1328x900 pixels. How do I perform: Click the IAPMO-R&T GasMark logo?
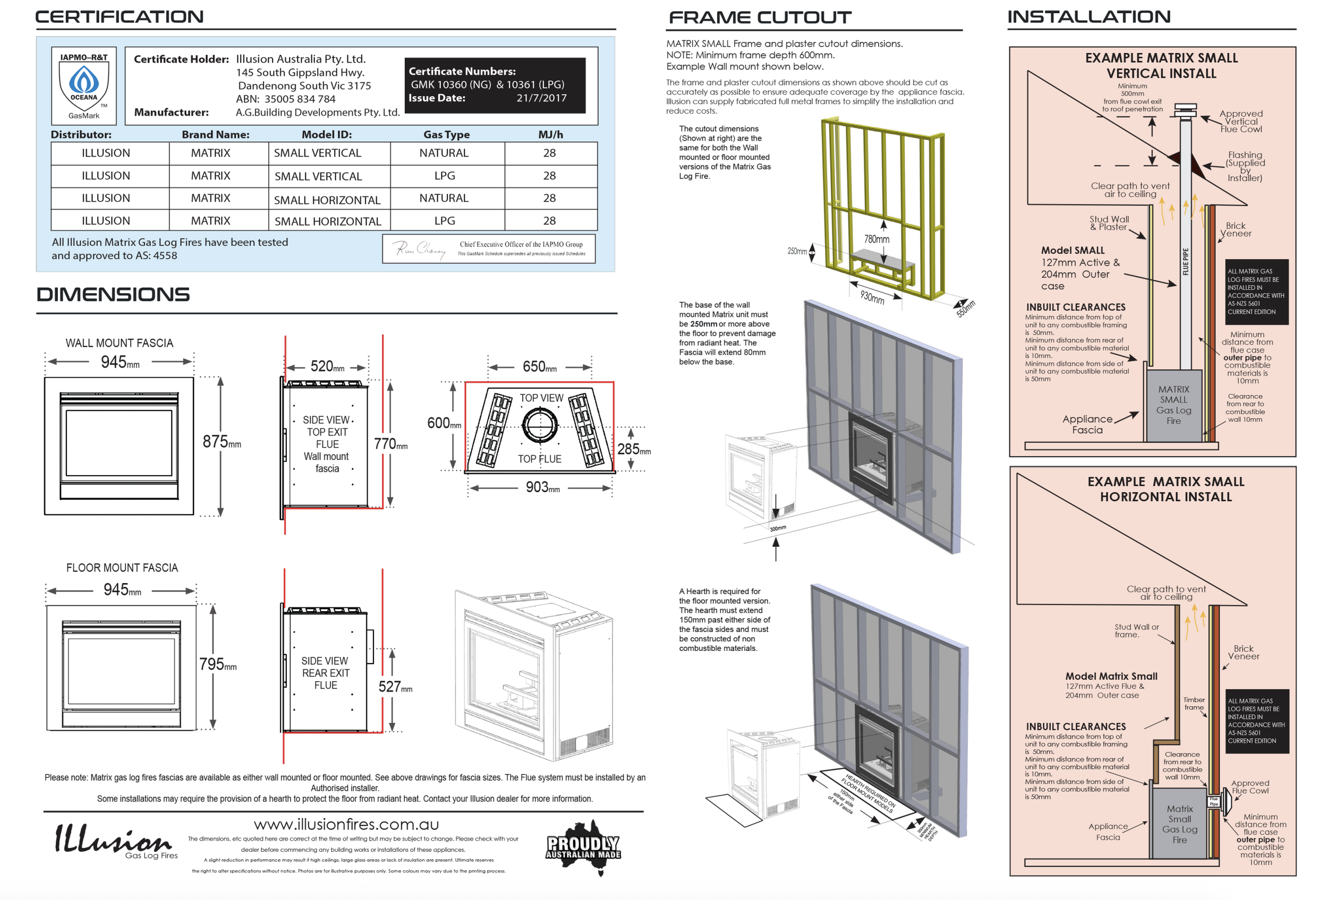click(x=84, y=85)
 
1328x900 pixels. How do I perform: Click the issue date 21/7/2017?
click(x=541, y=98)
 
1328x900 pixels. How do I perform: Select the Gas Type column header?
click(x=446, y=135)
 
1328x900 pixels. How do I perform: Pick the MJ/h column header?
click(x=550, y=135)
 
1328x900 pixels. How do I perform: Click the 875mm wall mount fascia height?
click(x=221, y=442)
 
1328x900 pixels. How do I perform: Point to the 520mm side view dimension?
click(x=327, y=366)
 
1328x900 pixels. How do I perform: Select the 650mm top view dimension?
click(x=539, y=366)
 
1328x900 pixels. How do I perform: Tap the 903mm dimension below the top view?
click(x=542, y=487)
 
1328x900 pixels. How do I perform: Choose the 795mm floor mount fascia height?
click(x=217, y=664)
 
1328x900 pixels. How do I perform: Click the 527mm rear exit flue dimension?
click(x=394, y=687)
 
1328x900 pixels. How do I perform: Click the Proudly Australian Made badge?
click(x=583, y=847)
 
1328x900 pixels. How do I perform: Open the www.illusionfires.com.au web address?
click(x=346, y=824)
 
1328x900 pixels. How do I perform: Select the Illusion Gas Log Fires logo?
click(x=114, y=841)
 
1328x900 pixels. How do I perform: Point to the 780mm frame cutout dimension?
click(x=876, y=239)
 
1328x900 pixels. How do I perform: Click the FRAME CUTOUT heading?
click(x=760, y=18)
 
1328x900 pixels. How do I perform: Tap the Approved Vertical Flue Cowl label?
click(x=1240, y=121)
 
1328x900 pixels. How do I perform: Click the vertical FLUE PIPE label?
click(x=1185, y=262)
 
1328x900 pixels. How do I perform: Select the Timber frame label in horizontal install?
click(x=1194, y=704)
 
